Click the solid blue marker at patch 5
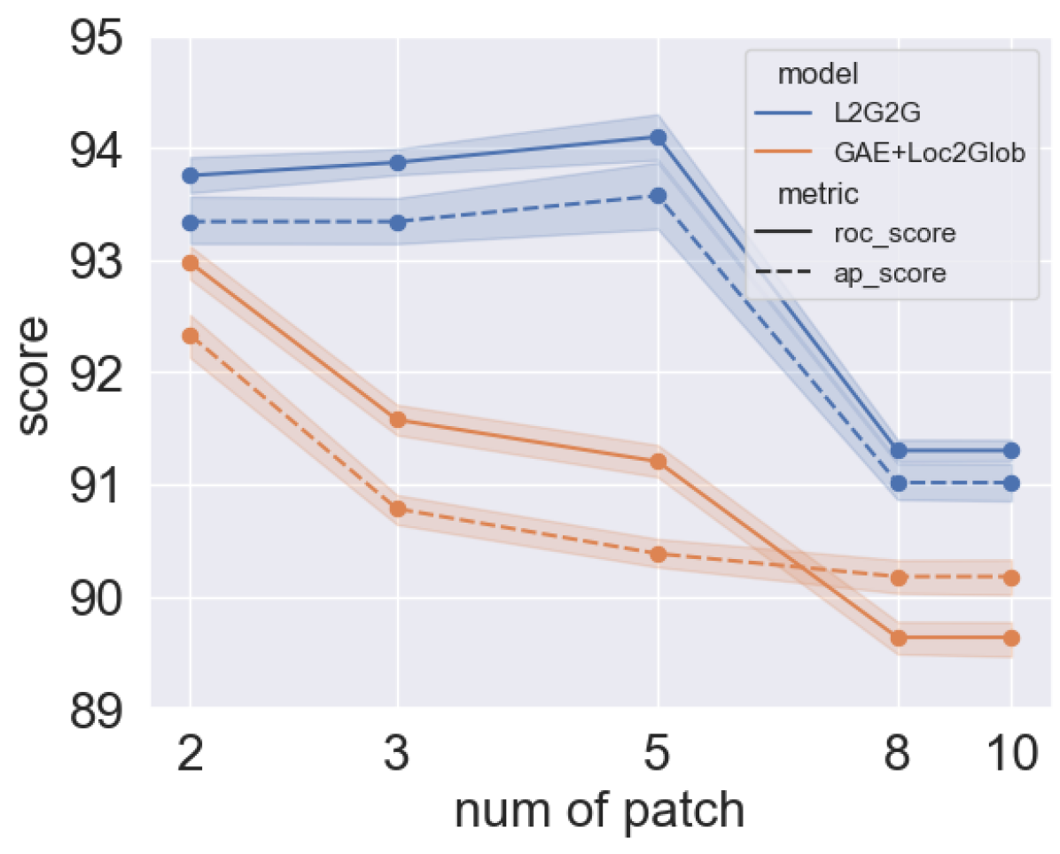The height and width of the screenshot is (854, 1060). pyautogui.click(x=658, y=137)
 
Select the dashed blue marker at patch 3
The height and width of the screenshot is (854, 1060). pyautogui.click(x=398, y=222)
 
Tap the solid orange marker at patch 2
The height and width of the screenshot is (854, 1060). pyautogui.click(x=190, y=263)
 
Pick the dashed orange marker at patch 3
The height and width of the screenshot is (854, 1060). pyautogui.click(x=398, y=509)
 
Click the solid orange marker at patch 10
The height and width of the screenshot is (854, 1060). pyautogui.click(x=1011, y=638)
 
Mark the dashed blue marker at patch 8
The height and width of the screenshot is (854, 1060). pyautogui.click(x=899, y=483)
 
